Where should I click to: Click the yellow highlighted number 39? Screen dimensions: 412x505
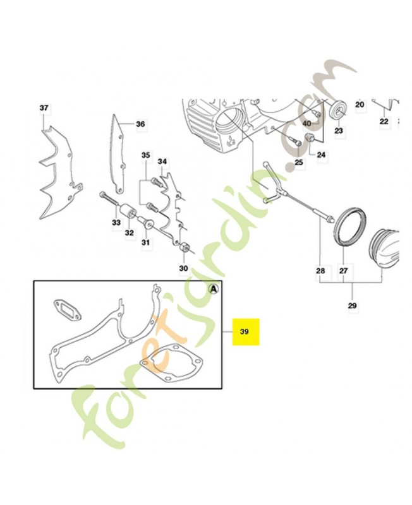(x=245, y=331)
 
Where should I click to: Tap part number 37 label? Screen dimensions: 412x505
(x=44, y=108)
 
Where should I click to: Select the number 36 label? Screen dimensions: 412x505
(x=140, y=124)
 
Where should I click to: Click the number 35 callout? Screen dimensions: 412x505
(x=146, y=155)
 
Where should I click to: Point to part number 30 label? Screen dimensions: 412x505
(x=183, y=268)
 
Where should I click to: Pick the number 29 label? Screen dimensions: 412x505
(x=353, y=306)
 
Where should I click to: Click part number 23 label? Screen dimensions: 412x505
(x=339, y=131)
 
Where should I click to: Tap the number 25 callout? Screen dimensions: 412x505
(x=299, y=162)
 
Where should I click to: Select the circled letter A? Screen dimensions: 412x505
(x=214, y=289)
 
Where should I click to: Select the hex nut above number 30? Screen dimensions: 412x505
(x=184, y=247)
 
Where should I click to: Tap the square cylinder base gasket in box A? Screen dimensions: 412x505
(x=170, y=364)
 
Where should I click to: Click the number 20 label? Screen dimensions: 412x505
(x=360, y=104)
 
